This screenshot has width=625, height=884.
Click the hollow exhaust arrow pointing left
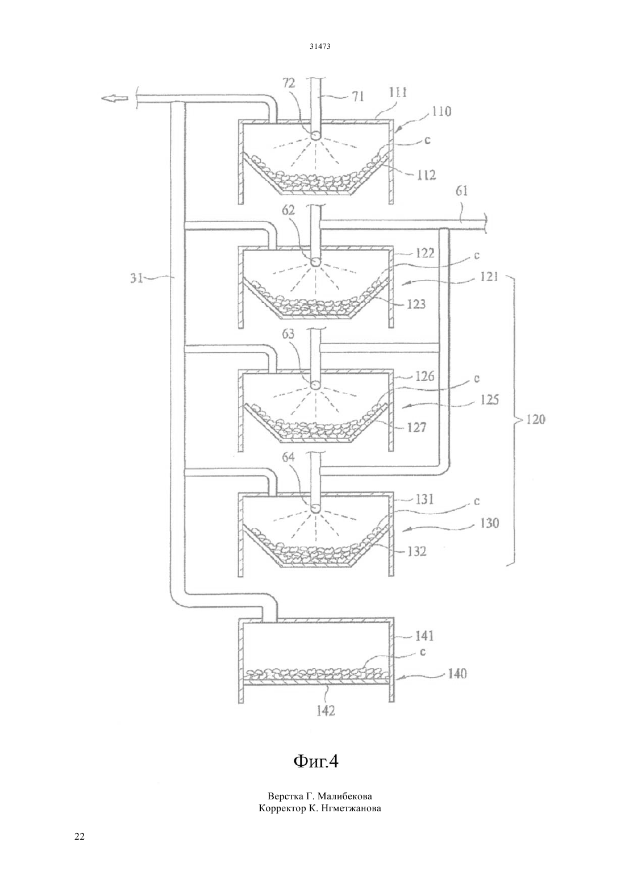pyautogui.click(x=114, y=98)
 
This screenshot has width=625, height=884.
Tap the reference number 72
pyautogui.click(x=289, y=83)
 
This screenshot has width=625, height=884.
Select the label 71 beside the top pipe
pyautogui.click(x=357, y=96)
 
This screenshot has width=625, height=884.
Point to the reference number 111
pyautogui.click(x=397, y=93)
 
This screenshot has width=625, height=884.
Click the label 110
pyautogui.click(x=441, y=111)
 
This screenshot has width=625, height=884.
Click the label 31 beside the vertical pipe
pyautogui.click(x=136, y=278)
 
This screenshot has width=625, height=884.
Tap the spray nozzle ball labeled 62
pyautogui.click(x=316, y=262)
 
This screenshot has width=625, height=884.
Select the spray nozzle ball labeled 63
pyautogui.click(x=316, y=385)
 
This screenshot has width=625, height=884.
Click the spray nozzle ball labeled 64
pyautogui.click(x=316, y=508)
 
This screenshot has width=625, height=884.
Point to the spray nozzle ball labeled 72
pyautogui.click(x=316, y=135)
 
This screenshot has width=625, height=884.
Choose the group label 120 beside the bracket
pyautogui.click(x=535, y=419)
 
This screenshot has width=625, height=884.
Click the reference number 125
pyautogui.click(x=489, y=400)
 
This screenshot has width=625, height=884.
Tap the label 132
pyautogui.click(x=416, y=551)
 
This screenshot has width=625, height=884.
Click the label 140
pyautogui.click(x=457, y=673)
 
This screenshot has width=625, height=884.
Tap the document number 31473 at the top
pyautogui.click(x=320, y=46)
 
